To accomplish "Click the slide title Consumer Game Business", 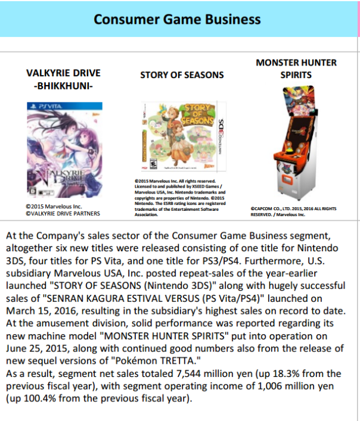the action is point(177,19).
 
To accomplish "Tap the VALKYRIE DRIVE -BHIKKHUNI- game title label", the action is point(63,79).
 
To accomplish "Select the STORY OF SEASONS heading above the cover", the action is point(182,75).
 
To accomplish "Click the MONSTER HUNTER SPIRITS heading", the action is point(296,68).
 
